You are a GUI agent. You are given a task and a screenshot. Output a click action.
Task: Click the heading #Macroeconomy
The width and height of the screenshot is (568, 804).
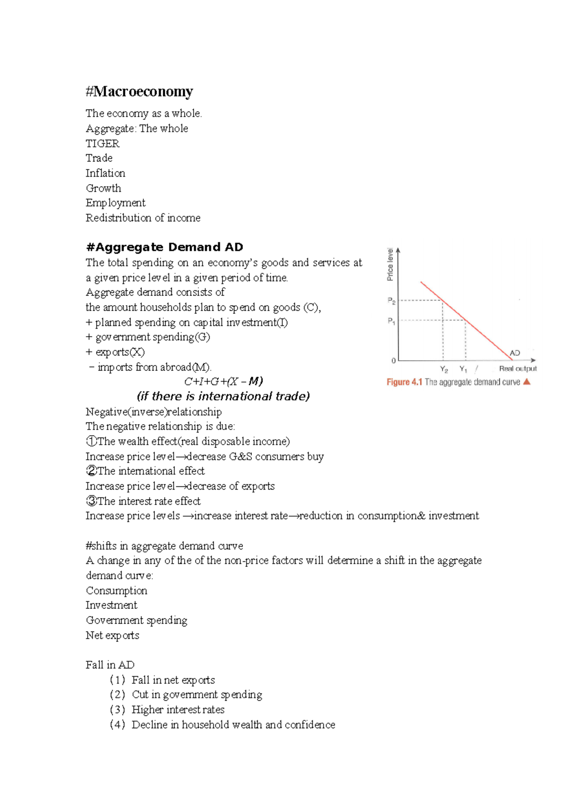click(x=139, y=91)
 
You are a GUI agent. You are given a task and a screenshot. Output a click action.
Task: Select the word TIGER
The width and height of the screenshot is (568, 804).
click(x=102, y=143)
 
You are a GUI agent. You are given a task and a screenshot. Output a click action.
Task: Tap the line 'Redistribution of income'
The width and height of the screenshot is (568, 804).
click(x=143, y=218)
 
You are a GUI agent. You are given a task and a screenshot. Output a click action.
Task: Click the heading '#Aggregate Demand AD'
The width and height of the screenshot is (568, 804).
click(x=164, y=247)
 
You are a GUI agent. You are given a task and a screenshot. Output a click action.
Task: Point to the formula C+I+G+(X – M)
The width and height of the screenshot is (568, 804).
click(x=223, y=381)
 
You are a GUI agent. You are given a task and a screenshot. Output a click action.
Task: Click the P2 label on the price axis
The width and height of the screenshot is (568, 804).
click(x=391, y=301)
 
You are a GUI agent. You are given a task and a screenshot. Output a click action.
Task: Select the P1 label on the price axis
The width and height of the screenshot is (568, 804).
click(x=391, y=321)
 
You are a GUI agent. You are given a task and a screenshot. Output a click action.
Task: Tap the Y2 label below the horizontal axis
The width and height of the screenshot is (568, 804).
click(x=444, y=369)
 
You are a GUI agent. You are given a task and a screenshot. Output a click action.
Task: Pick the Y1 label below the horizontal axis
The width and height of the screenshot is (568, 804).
click(x=463, y=369)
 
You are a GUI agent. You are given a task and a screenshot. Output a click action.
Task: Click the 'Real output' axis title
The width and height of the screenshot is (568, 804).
click(x=518, y=369)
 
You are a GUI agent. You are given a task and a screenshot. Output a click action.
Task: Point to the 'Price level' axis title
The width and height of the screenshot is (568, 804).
click(x=390, y=264)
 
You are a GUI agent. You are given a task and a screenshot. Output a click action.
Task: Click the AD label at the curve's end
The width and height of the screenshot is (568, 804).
click(x=515, y=353)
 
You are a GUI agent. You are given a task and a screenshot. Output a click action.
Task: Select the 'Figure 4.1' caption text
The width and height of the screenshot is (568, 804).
click(x=404, y=382)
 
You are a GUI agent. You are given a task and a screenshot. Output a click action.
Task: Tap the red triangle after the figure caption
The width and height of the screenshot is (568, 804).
click(x=527, y=382)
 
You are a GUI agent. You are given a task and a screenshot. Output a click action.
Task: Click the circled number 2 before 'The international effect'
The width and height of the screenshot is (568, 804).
click(x=91, y=471)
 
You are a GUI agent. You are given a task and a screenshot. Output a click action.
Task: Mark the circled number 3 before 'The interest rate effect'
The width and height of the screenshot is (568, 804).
click(x=91, y=501)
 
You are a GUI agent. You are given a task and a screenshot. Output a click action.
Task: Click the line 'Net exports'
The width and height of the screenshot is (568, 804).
click(x=112, y=635)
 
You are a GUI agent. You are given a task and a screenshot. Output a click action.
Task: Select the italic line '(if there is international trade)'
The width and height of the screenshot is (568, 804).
click(x=223, y=396)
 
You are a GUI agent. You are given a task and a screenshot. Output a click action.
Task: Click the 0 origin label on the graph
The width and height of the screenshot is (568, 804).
click(x=393, y=361)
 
